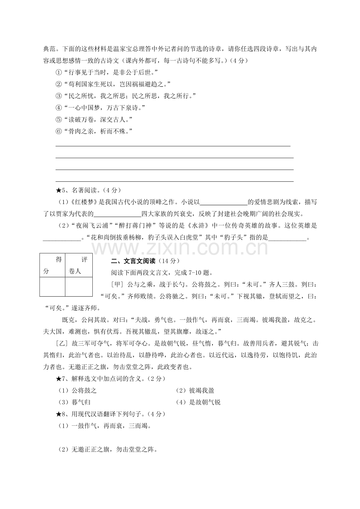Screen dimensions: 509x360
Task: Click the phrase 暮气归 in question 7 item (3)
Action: pos(81,402)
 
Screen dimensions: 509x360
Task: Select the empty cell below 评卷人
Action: pos(79,287)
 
